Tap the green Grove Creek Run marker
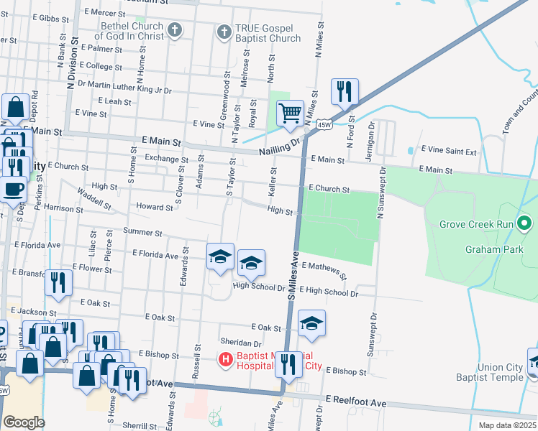524,224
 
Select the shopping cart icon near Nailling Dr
290,112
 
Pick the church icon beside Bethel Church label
174,31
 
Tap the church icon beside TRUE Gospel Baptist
224,32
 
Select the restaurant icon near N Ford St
344,91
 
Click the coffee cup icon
13,190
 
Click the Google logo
24,422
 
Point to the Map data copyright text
507,425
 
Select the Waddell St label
94,199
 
